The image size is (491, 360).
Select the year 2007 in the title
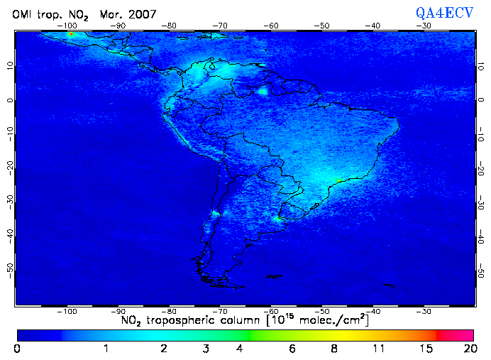[x=143, y=13]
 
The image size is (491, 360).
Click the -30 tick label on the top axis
[x=424, y=26]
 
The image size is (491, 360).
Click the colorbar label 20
[x=468, y=349]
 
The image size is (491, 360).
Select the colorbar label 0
[x=17, y=349]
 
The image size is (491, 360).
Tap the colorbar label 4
[x=240, y=349]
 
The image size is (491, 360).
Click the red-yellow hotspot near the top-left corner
[x=70, y=33]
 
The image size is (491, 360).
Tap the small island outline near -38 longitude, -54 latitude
[x=387, y=285]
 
